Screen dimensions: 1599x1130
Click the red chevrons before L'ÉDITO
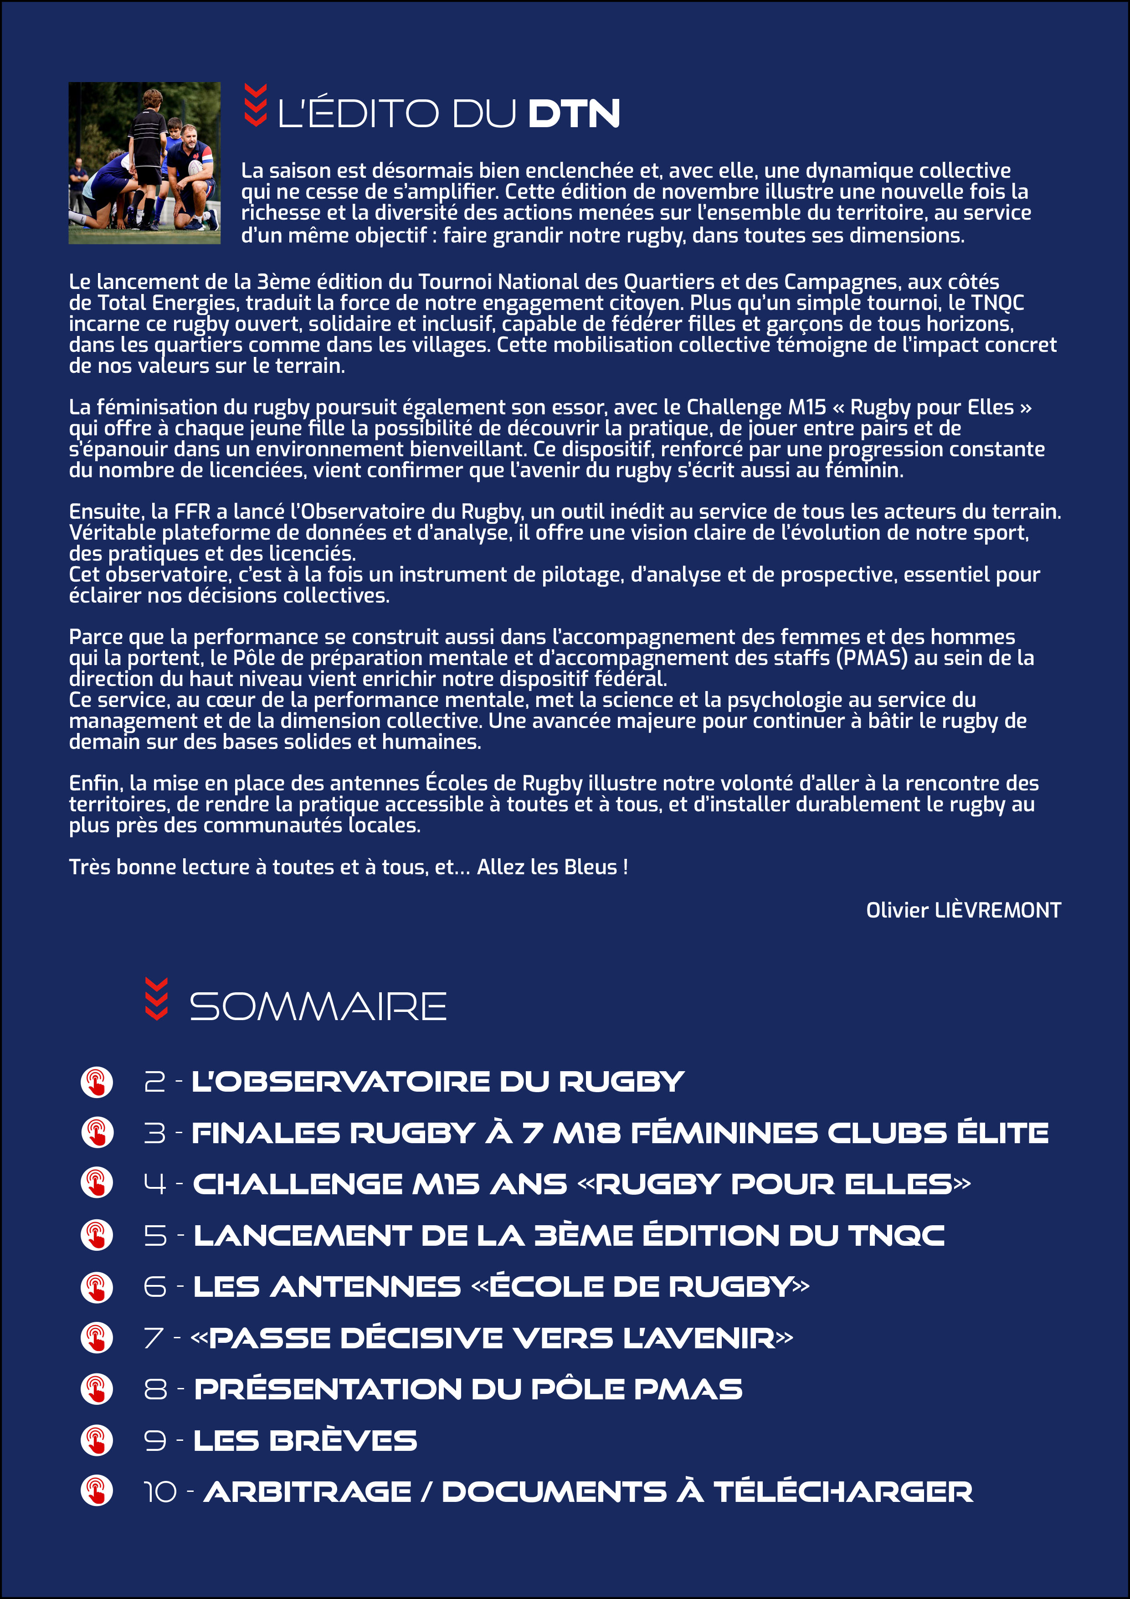[x=256, y=105]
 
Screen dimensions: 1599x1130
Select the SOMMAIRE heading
[x=318, y=1006]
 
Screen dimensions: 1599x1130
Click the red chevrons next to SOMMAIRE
[x=156, y=999]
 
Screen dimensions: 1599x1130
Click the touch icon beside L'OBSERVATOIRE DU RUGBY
[x=97, y=1082]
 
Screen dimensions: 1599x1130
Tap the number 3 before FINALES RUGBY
[x=154, y=1133]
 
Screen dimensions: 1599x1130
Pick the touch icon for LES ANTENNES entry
[x=97, y=1287]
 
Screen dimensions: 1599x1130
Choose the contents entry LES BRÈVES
[x=305, y=1441]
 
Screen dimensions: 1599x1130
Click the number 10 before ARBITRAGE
[x=160, y=1492]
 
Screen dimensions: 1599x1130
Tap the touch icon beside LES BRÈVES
[x=97, y=1440]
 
